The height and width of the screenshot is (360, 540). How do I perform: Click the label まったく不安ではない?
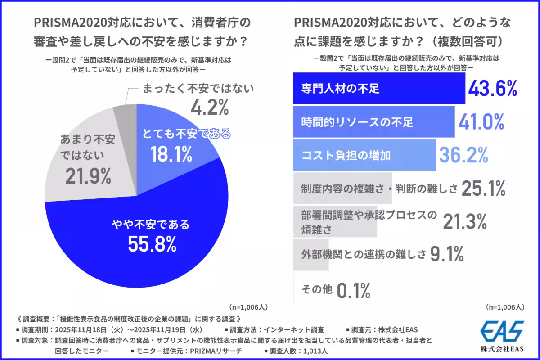click(198, 89)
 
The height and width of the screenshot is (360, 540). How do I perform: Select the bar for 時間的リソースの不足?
click(373, 121)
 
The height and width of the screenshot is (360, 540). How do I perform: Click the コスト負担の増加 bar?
click(364, 156)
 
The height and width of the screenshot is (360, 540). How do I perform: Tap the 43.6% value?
click(492, 89)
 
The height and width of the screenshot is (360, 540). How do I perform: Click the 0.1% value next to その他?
click(353, 290)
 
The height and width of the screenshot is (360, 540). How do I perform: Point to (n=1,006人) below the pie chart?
click(249, 307)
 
